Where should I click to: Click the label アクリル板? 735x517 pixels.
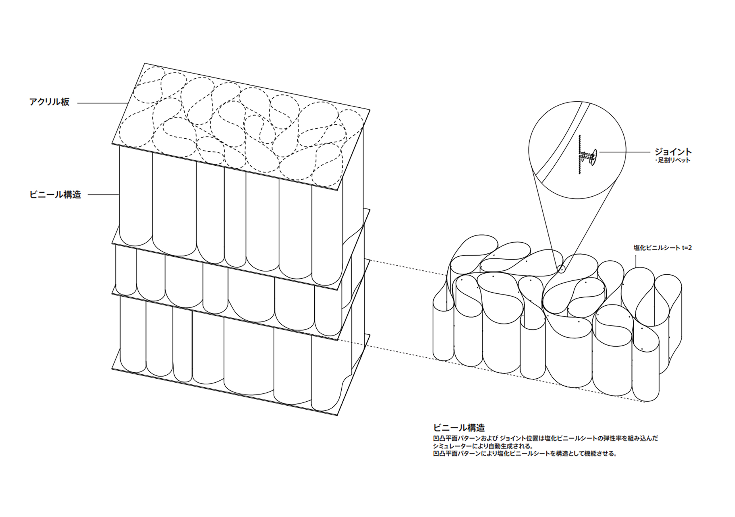[x=49, y=102]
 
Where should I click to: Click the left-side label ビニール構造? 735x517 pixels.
[x=55, y=195]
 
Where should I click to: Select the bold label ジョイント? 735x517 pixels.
[x=673, y=152]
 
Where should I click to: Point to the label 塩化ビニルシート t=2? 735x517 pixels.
[x=663, y=248]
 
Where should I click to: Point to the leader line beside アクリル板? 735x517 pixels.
[x=103, y=103]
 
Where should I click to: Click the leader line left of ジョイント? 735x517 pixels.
[x=625, y=152]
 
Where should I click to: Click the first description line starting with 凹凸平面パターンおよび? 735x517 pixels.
[x=546, y=438]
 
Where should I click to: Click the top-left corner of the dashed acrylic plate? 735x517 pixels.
[x=145, y=63]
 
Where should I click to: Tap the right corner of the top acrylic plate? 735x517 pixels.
[x=370, y=110]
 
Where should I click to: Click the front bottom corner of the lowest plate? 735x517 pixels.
[x=337, y=415]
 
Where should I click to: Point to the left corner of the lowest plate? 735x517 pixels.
[x=112, y=369]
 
